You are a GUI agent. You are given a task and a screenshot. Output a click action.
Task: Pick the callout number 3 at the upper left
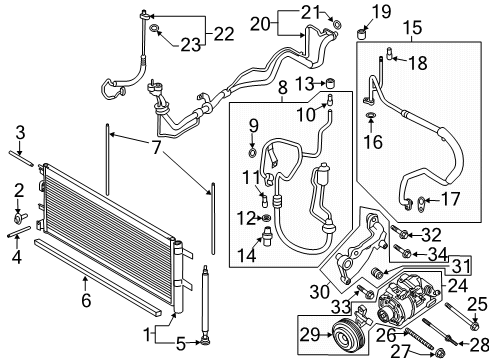pos(20,131)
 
